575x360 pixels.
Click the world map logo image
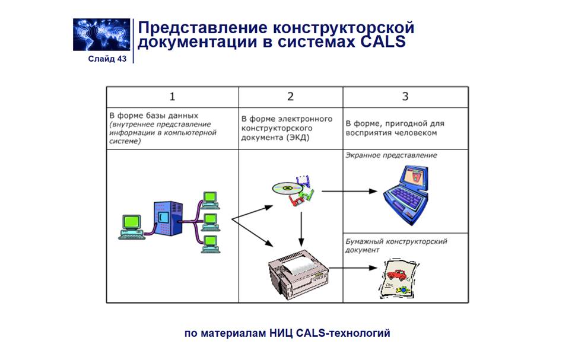101,34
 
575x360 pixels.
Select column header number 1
172,97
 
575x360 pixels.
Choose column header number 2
290,97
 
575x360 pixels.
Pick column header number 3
405,97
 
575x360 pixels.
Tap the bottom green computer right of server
210,243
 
